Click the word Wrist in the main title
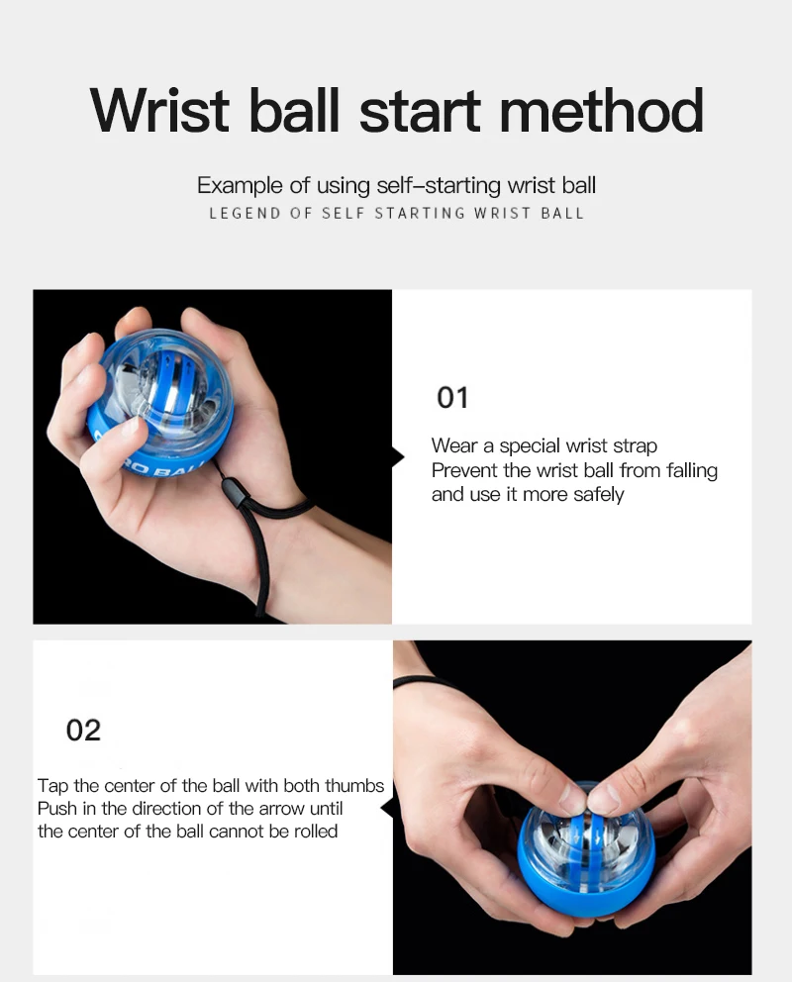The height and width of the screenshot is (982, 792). [159, 110]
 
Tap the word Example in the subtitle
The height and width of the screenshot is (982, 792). [240, 186]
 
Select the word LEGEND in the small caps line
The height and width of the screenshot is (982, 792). [245, 214]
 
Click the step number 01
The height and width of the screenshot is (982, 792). [452, 398]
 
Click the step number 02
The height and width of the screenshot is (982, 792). [83, 731]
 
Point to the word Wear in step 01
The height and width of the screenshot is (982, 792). [454, 445]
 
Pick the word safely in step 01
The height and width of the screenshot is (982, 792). [599, 495]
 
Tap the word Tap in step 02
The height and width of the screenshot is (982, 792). [52, 786]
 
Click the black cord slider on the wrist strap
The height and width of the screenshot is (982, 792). [233, 489]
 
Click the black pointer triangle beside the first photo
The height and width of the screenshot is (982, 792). [398, 457]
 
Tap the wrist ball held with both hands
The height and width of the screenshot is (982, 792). [585, 850]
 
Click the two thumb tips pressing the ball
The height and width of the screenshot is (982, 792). [588, 799]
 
